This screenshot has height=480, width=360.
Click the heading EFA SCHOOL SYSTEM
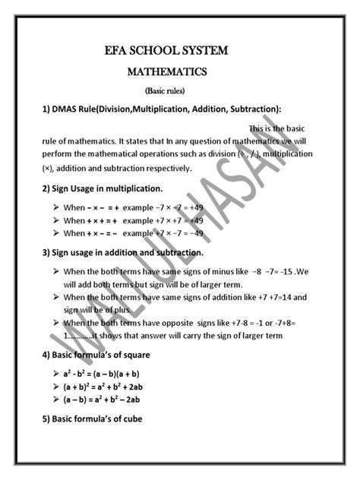[179, 51]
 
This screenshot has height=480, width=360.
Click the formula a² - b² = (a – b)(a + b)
[102, 374]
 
